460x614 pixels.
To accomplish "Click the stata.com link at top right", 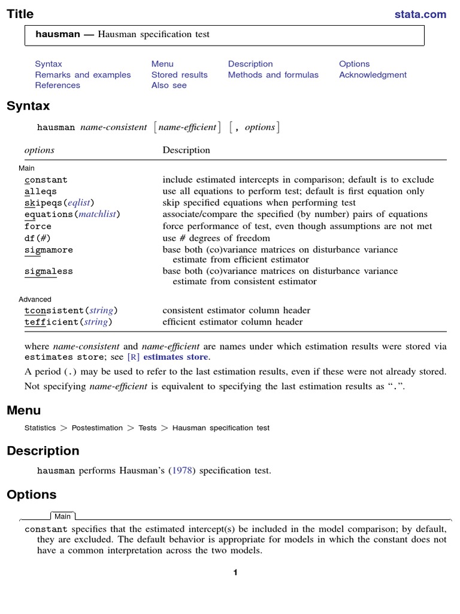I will tap(420, 14).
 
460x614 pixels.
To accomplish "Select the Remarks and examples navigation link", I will tap(83, 75).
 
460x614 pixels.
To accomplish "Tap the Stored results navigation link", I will tap(179, 75).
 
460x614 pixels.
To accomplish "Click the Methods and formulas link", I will tap(273, 75).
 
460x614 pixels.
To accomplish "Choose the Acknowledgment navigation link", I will tap(373, 75).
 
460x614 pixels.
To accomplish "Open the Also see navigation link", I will tap(169, 86).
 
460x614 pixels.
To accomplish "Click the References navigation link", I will tap(57, 86).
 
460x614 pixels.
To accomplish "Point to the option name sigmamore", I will tap(49, 249).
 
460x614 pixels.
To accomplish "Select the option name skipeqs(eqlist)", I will tap(59, 203).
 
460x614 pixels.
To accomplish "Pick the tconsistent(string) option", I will tap(71, 311).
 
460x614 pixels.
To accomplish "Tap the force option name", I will tap(38, 227).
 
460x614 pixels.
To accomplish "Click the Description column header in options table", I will tap(186, 151).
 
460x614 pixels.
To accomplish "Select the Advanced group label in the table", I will tap(35, 299).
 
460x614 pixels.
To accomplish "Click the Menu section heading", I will tap(24, 411).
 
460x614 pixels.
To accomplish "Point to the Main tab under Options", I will tap(62, 516).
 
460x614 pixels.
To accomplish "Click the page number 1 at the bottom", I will tap(235, 573).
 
